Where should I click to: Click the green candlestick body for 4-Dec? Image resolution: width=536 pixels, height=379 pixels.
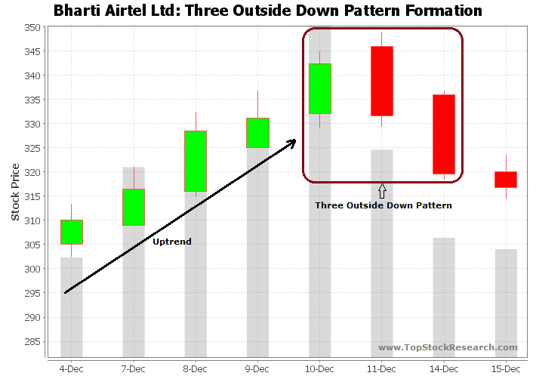pos(72,232)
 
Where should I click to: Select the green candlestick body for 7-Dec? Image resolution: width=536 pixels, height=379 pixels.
pos(134,207)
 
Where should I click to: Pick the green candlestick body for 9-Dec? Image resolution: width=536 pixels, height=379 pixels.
pos(257,133)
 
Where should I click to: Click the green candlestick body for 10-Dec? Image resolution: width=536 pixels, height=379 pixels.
pos(319,88)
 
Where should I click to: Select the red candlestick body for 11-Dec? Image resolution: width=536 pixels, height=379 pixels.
pos(381,81)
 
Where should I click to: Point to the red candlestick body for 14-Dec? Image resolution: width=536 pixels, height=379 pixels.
pos(443,134)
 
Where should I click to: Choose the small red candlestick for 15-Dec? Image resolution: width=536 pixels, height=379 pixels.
pos(505,180)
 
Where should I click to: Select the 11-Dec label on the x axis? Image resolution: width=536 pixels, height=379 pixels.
pos(381,368)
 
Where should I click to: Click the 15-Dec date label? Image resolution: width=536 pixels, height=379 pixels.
pos(505,368)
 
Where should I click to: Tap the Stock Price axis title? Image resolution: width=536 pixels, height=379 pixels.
pos(16,192)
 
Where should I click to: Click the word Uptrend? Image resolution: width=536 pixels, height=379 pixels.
pos(172,242)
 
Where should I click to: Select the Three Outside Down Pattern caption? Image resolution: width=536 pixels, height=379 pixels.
pos(383,205)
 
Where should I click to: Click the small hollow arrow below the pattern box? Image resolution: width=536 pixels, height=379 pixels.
pos(382,190)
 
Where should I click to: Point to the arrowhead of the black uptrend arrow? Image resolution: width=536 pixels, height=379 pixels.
pos(291,143)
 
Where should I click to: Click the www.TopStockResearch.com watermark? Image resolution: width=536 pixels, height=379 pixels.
pos(448,347)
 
